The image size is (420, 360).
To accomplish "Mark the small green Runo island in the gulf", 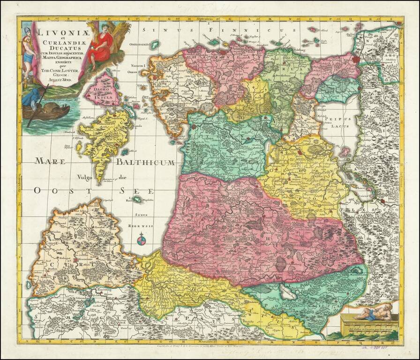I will tap(136, 200).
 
